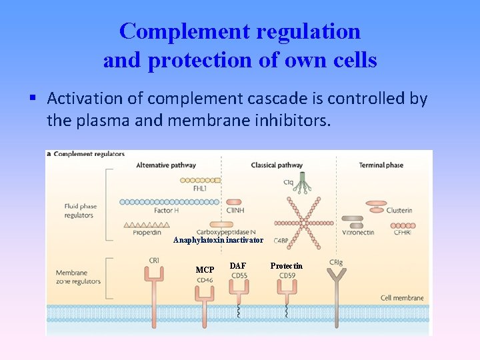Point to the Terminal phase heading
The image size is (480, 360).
(381, 165)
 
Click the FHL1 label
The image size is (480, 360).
(199, 188)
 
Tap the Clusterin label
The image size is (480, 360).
(399, 210)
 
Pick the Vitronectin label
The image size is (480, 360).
(359, 233)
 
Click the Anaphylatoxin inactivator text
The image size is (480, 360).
(218, 240)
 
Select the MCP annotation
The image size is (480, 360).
(205, 270)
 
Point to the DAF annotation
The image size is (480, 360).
(238, 266)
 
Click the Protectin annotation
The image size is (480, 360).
(286, 266)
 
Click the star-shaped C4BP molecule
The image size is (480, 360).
(297, 220)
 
